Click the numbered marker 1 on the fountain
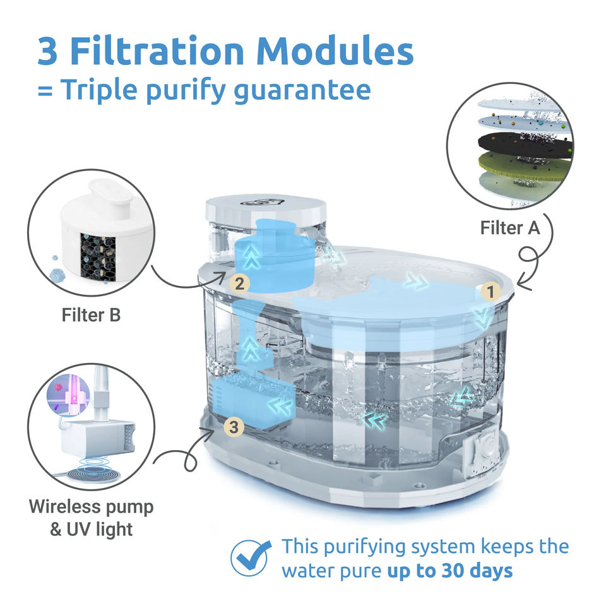point(487,291)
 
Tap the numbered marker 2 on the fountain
point(239,283)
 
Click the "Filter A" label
point(510,227)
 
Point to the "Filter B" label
point(91,314)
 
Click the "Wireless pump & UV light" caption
point(92,518)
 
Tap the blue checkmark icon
point(251,557)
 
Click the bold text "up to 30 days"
point(449,571)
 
